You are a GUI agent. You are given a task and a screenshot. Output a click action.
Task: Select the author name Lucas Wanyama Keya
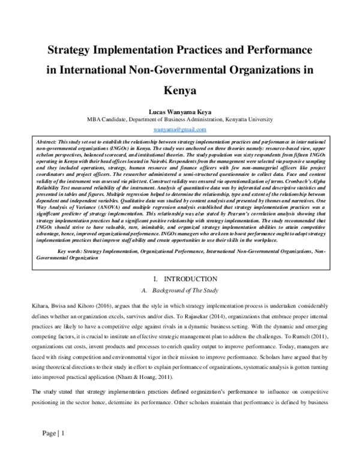pyautogui.click(x=180, y=110)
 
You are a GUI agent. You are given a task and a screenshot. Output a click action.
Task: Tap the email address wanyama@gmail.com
pyautogui.click(x=180, y=129)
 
